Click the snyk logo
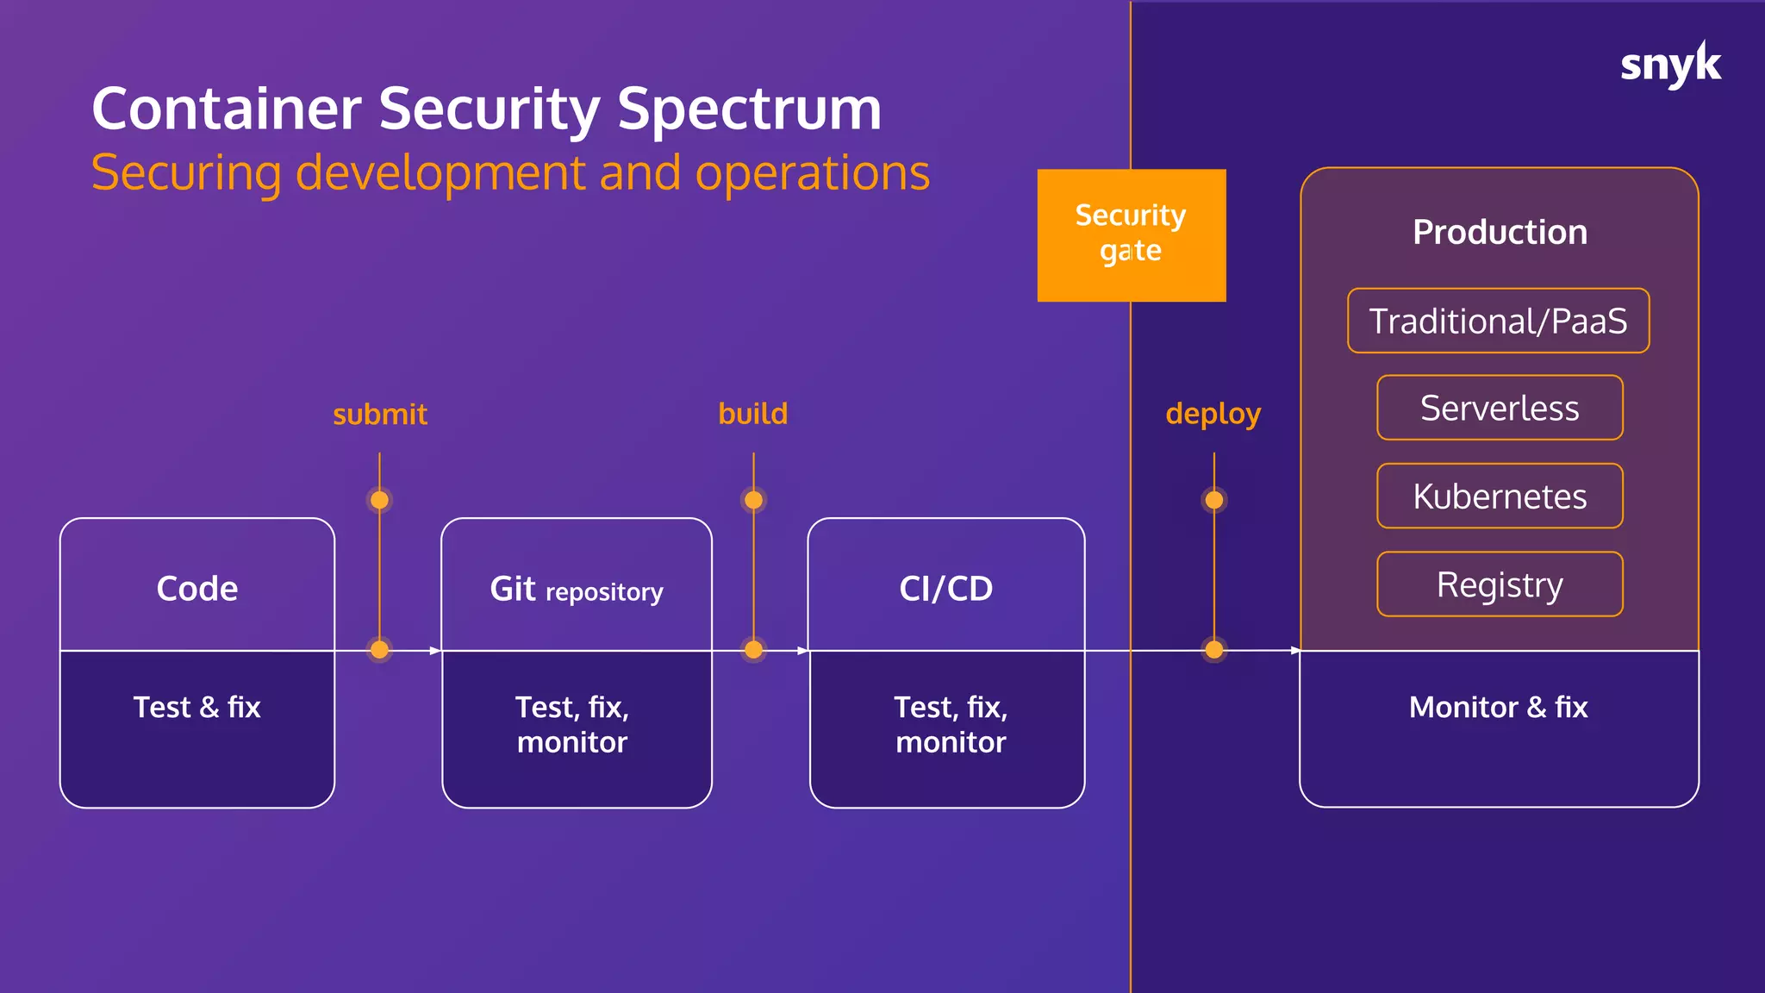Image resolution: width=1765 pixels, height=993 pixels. point(1669,65)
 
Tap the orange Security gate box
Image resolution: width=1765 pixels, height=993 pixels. point(1131,234)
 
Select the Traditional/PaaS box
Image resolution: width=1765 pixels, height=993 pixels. point(1498,321)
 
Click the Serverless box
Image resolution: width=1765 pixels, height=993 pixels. point(1500,408)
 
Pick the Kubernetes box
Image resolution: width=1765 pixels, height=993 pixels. point(1500,496)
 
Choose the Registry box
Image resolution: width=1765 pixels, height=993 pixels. point(1500,584)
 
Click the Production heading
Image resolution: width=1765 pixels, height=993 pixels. point(1500,232)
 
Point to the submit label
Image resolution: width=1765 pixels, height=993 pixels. point(380,415)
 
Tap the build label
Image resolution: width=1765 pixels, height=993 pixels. point(753,414)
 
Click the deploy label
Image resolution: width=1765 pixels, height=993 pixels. point(1213,415)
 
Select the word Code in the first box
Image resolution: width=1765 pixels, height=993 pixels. point(197,589)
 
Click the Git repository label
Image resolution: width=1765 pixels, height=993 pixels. point(576,590)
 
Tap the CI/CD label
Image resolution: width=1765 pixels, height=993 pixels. point(945,589)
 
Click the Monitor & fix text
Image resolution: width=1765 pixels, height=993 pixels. point(1498,707)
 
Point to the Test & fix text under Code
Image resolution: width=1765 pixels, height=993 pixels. point(196,707)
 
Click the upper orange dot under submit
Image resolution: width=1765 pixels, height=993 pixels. point(379,500)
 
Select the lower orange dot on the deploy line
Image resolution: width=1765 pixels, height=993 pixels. point(1214,650)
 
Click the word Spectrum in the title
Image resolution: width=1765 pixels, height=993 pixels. point(749,109)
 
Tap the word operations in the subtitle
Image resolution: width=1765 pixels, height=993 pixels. point(812,172)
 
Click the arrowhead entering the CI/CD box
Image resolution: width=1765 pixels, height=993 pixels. point(802,651)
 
